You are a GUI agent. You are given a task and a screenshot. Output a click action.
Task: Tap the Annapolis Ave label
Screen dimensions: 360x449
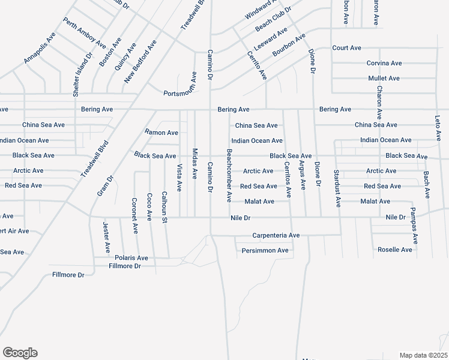coord(40,48)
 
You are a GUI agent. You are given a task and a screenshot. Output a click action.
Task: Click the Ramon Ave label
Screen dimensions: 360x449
coord(161,132)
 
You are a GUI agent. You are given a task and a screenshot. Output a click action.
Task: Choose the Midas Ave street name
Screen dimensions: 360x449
coord(194,164)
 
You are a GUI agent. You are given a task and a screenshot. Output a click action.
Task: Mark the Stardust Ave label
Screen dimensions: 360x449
coord(338,188)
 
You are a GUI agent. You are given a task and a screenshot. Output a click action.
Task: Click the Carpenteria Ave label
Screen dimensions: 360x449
coord(276,235)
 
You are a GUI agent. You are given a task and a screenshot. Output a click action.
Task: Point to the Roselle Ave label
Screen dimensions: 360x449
coord(395,250)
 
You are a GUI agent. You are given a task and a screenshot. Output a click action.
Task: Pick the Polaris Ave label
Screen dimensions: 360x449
coord(131,257)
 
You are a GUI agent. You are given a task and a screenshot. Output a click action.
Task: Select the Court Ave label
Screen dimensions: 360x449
coord(346,47)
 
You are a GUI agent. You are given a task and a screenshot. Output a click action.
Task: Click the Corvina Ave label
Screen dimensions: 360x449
coord(384,63)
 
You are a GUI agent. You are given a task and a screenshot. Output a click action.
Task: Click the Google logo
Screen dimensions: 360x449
coord(20,353)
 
